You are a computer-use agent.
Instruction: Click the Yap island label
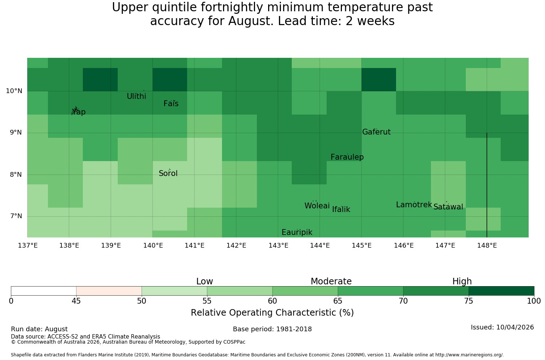pos(78,112)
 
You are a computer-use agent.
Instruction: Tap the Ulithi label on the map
pos(137,96)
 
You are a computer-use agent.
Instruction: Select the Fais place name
pos(171,104)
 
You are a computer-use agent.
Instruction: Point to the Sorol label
pos(168,173)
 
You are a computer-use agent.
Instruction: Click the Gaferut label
pos(376,132)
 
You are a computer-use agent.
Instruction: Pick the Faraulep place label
pos(347,157)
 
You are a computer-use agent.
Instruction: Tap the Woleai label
pos(317,205)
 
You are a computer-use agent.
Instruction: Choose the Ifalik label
pos(341,209)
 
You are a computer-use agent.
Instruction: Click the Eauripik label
pos(297,232)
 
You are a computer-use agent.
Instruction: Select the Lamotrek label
pos(414,205)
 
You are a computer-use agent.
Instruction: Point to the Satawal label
pos(448,207)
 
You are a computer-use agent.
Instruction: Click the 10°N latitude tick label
pos(14,91)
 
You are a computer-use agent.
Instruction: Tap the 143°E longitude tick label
pos(278,245)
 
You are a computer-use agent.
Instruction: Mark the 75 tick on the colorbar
pos(469,301)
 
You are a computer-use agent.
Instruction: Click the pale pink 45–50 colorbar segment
pos(109,291)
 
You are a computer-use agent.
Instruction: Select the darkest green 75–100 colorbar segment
pos(501,291)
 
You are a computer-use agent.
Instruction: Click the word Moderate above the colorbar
pos(331,281)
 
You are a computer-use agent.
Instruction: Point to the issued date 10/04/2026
pos(515,327)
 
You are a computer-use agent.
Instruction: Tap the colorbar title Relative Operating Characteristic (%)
pos(272,312)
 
